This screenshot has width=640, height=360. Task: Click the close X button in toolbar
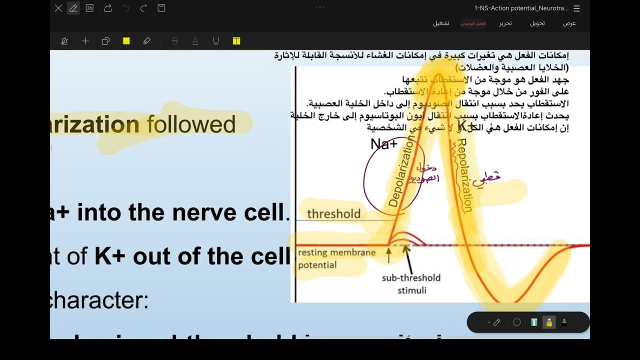[58, 8]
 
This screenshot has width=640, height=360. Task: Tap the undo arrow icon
[125, 8]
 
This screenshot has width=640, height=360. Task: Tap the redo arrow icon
[143, 8]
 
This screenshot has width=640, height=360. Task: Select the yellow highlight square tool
[126, 41]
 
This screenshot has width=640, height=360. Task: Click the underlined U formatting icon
[216, 41]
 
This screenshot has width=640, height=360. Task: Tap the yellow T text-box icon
[236, 41]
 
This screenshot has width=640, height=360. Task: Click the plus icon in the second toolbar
[85, 41]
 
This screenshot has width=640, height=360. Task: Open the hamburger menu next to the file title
[577, 8]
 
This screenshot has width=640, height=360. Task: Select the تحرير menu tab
[505, 23]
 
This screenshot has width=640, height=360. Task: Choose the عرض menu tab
[569, 23]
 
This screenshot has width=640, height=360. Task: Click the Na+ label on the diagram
[384, 144]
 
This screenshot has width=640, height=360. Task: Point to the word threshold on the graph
[333, 214]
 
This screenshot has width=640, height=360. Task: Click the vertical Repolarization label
[462, 176]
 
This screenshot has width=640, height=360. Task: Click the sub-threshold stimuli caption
[411, 283]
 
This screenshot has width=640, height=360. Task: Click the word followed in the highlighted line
[191, 124]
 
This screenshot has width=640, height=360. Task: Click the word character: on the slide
[100, 300]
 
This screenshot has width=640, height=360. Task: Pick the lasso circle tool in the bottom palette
[517, 322]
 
